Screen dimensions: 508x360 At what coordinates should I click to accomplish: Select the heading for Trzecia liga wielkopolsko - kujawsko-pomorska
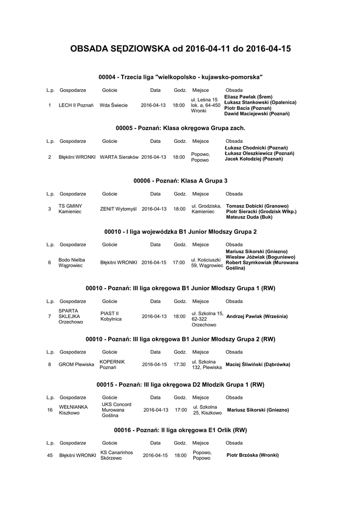click(x=180, y=77)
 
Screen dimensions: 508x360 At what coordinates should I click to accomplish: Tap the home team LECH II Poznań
click(x=76, y=105)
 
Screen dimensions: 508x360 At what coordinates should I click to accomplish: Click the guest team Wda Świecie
click(x=114, y=105)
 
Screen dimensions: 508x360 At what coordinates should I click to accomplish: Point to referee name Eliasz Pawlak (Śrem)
click(x=248, y=97)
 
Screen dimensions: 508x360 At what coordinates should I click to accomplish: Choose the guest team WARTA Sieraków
click(x=119, y=157)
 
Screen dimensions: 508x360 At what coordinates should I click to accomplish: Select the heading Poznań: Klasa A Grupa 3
click(x=180, y=181)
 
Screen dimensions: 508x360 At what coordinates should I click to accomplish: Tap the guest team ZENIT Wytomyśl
click(x=118, y=209)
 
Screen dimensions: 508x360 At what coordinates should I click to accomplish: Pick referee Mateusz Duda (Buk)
click(x=249, y=217)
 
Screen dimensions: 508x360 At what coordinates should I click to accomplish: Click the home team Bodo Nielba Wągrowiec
click(x=72, y=262)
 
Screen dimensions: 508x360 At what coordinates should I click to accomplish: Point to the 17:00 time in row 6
click(x=179, y=262)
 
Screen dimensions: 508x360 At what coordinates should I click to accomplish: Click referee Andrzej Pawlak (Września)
click(x=257, y=317)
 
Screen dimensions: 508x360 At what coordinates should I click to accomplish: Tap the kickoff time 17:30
click(x=179, y=365)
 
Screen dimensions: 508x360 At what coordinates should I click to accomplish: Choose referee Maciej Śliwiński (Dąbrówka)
click(x=258, y=365)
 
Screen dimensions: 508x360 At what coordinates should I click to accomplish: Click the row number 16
click(x=50, y=410)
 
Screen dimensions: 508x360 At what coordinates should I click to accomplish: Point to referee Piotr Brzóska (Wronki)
click(x=252, y=455)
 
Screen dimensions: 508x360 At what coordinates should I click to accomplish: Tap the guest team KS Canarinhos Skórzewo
click(x=116, y=455)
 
